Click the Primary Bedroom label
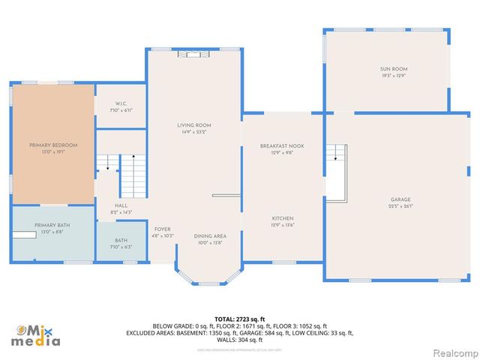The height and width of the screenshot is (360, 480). pos(53,145)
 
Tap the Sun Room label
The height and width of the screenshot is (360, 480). pos(393,69)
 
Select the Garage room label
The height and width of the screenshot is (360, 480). pos(400,199)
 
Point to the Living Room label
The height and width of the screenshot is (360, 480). pos(194,125)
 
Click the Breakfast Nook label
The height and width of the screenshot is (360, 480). pos(281,145)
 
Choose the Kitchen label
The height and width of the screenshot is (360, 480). pos(281,217)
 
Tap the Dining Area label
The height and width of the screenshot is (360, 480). pos(210,235)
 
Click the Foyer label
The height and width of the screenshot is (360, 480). pos(163,229)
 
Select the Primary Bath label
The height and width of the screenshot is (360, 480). pos(52,225)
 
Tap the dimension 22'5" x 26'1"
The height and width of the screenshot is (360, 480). pos(400,206)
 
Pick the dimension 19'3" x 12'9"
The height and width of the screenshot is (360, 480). pos(393,76)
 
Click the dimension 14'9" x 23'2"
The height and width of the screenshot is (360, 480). pos(194,132)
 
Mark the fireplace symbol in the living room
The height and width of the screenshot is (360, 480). pos(194,54)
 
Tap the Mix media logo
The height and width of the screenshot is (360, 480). pos(37,335)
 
